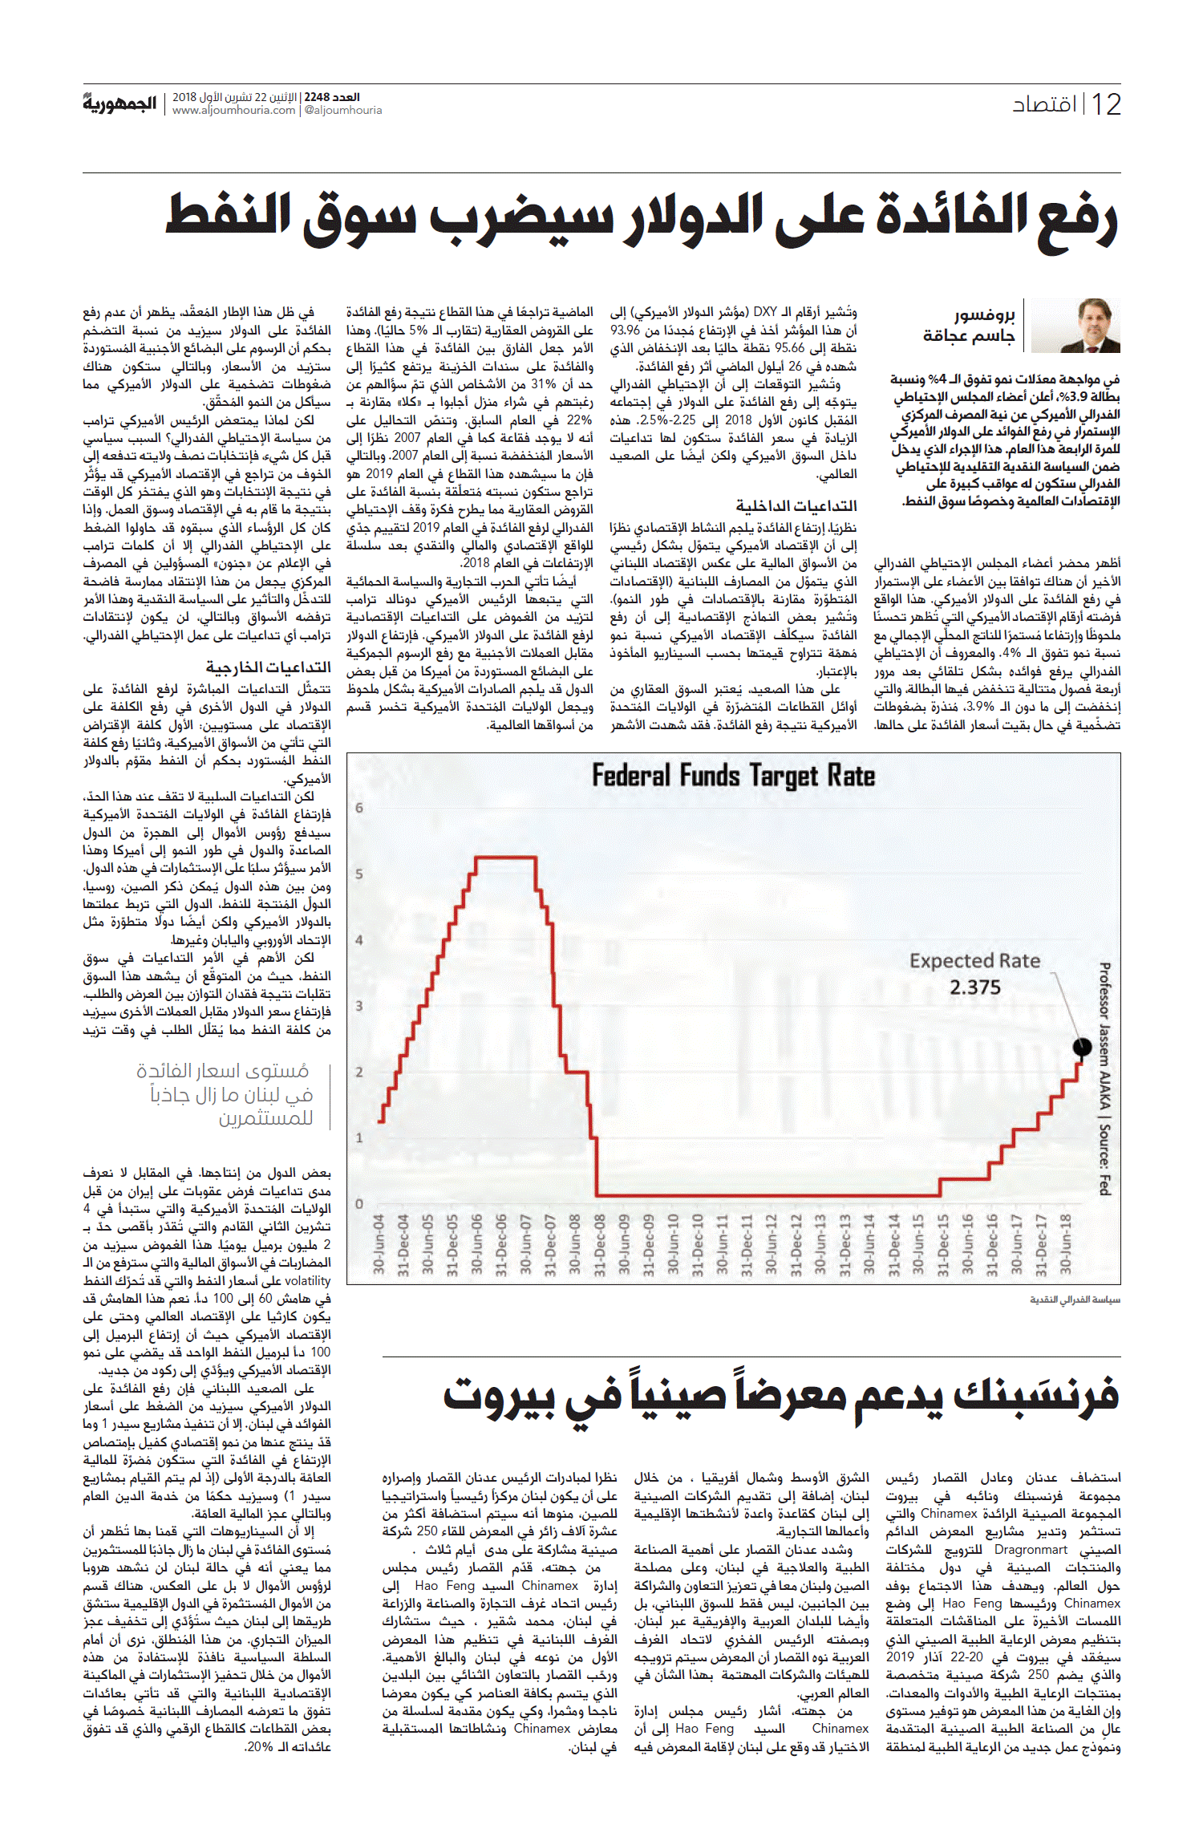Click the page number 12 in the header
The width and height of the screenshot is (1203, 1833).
coord(1106,104)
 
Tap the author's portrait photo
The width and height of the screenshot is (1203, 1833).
coord(1075,326)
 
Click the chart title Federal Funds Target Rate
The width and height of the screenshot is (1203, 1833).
coord(733,776)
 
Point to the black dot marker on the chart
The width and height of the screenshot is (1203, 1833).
coord(1082,1046)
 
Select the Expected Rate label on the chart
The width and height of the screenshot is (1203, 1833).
coord(974,960)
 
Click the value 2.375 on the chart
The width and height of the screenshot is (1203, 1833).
coord(975,987)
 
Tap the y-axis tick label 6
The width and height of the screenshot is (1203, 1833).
coord(359,808)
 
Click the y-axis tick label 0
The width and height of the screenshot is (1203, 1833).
coord(359,1203)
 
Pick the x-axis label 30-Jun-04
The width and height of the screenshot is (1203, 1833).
coord(379,1244)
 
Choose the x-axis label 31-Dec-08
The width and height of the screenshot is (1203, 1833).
coord(600,1244)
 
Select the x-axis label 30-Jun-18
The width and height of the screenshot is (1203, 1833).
coord(1066,1244)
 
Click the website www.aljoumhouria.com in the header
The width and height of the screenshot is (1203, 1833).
coord(234,111)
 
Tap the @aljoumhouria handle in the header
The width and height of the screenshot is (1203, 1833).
coord(343,111)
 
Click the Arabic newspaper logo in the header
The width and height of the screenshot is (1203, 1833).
coord(119,103)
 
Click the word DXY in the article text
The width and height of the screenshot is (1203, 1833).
coord(765,311)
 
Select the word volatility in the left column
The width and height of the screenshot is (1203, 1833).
coord(308,1281)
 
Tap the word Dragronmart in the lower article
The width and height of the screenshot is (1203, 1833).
coord(1031,1550)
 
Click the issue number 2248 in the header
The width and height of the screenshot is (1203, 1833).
coord(318,97)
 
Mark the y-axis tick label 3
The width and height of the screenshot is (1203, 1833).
coord(359,1005)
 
